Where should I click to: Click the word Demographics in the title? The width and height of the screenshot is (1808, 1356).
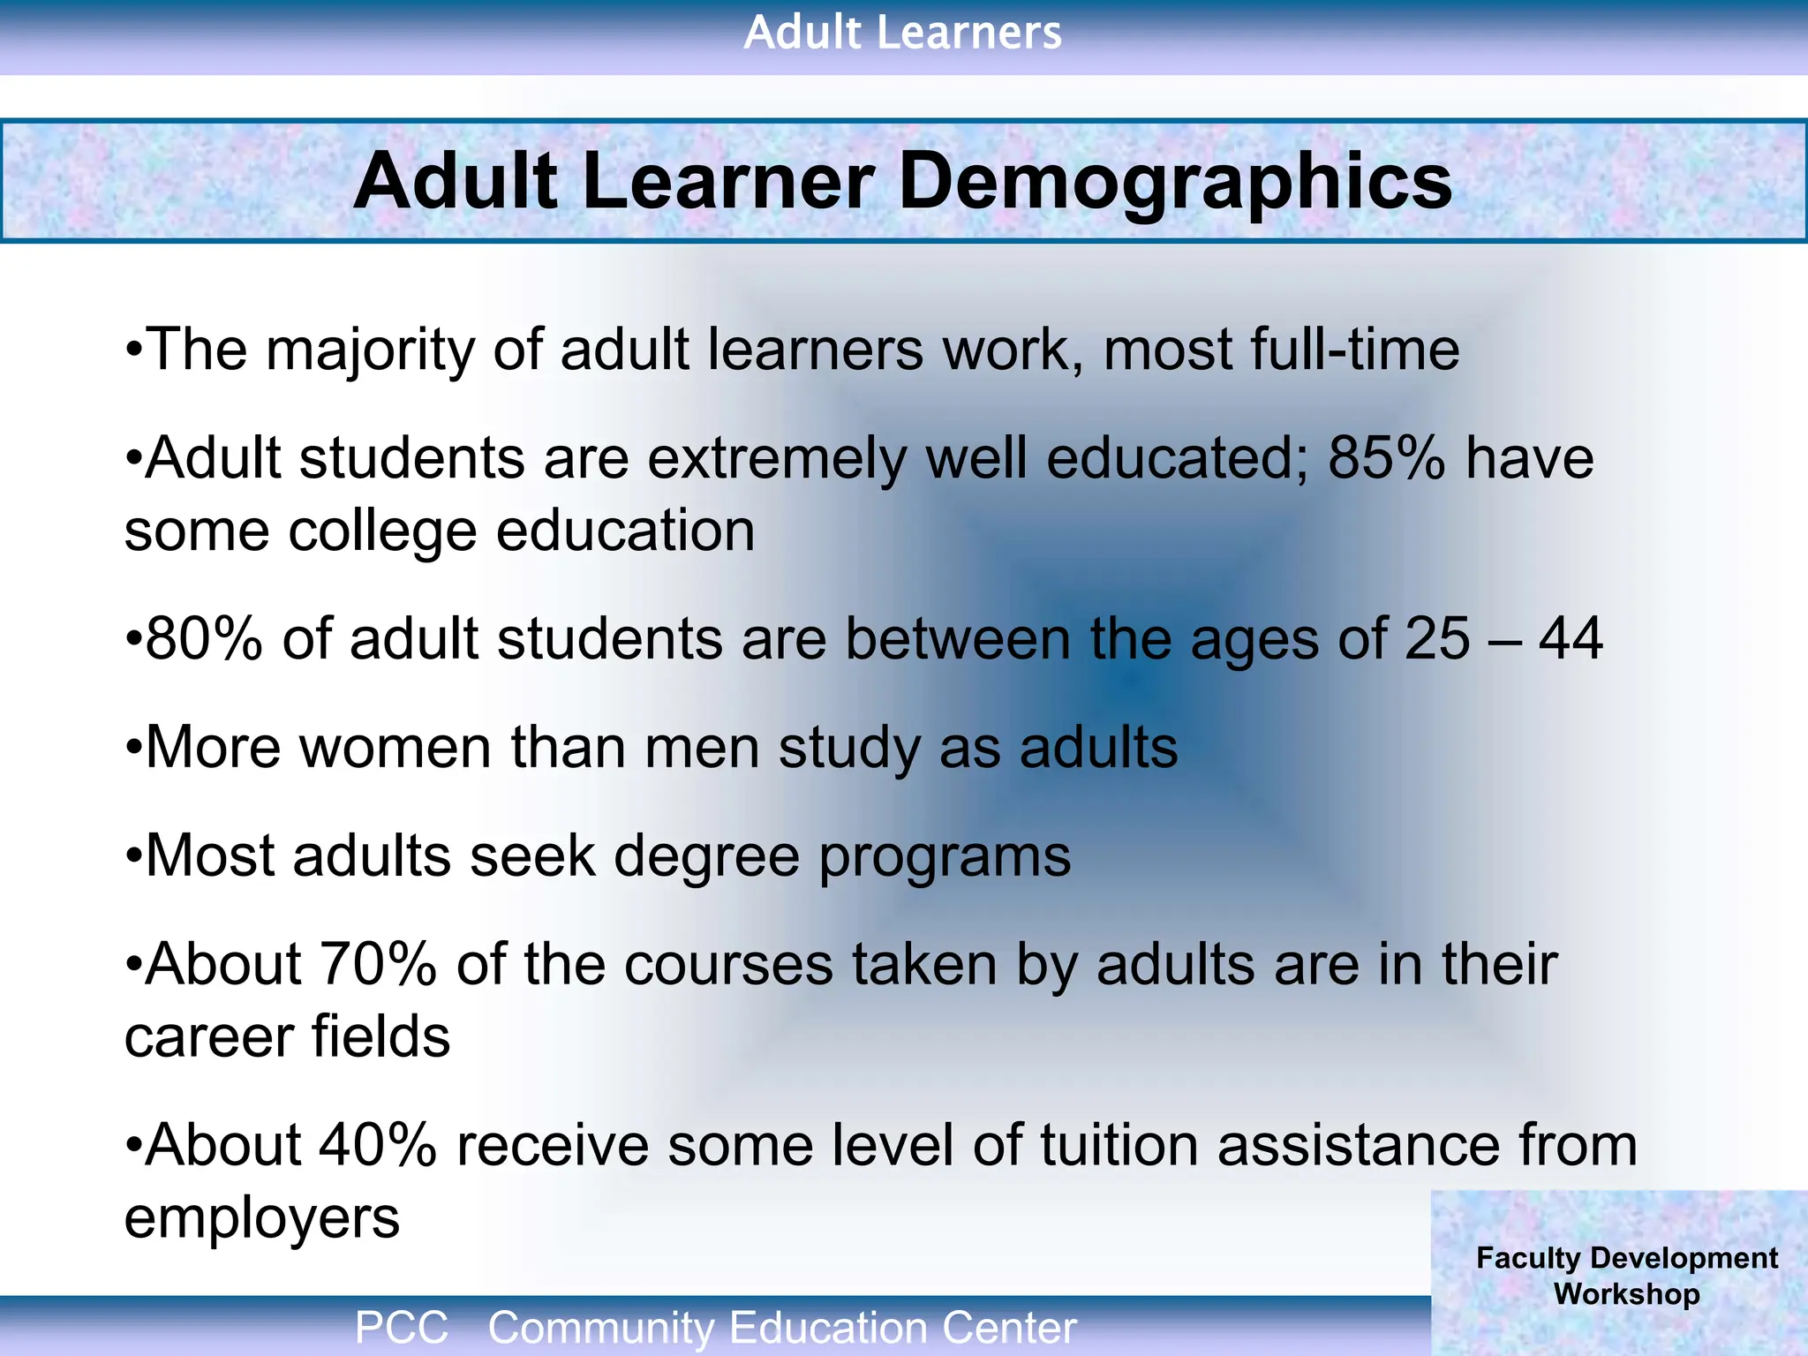tap(1174, 182)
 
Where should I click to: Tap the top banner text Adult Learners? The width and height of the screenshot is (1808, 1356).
tap(902, 34)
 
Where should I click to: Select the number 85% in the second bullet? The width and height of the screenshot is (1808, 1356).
tap(1386, 458)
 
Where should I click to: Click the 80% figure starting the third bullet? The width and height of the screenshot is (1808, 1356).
tap(204, 638)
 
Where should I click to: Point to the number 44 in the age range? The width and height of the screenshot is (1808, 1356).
tap(1571, 638)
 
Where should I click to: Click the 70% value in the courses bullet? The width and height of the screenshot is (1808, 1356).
tap(378, 964)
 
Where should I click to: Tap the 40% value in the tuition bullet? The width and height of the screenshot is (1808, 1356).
tap(378, 1145)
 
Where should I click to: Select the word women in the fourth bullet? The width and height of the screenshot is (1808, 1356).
tap(395, 748)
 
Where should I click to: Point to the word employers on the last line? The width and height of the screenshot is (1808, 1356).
tap(262, 1218)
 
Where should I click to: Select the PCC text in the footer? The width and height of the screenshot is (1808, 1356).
tap(402, 1328)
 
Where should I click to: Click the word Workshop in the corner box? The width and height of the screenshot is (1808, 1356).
tap(1626, 1294)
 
